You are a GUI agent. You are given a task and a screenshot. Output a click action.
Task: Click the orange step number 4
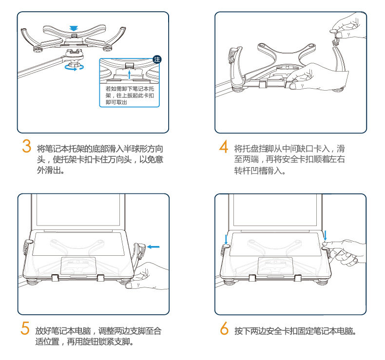[x=224, y=146]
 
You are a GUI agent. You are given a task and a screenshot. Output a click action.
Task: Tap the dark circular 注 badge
[x=157, y=59]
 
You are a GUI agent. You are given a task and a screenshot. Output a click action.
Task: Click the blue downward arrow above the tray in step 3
[x=73, y=28]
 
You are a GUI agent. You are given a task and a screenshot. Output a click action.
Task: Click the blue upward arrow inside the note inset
[x=129, y=74]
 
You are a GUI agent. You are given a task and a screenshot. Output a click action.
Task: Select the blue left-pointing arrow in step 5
[x=153, y=247]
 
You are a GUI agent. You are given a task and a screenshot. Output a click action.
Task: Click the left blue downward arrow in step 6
[x=227, y=238]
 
